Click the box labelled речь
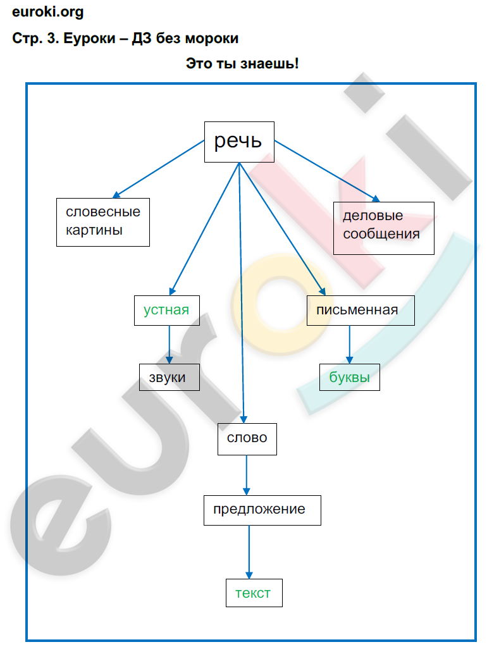click(238, 142)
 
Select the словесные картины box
click(103, 221)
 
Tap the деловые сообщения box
click(383, 228)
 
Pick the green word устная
click(166, 310)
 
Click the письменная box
click(361, 310)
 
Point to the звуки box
click(169, 377)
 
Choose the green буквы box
click(349, 377)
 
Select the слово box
click(247, 438)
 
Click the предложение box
click(262, 510)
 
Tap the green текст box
click(253, 593)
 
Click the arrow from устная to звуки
click(169, 344)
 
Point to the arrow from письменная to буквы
click(349, 345)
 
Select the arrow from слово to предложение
click(247, 475)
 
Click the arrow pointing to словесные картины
click(158, 170)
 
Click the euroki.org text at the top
click(47, 12)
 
